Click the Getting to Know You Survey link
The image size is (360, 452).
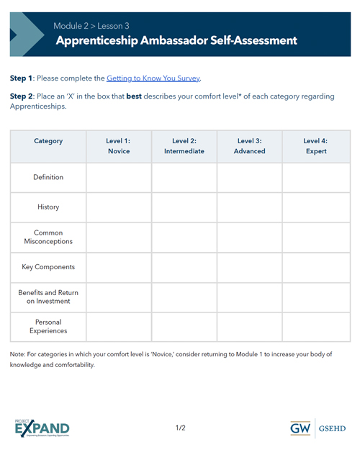(x=153, y=78)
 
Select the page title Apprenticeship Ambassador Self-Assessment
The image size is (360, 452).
(x=176, y=40)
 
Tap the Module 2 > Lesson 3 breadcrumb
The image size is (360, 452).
(x=91, y=26)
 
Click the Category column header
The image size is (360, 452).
(x=48, y=141)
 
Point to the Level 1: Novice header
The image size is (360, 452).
(x=119, y=146)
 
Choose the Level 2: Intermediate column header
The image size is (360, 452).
(x=184, y=146)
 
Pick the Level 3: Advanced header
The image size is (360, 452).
(x=250, y=146)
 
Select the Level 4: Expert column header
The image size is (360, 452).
(x=315, y=146)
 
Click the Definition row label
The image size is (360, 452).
(x=48, y=177)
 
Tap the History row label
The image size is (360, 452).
(x=48, y=207)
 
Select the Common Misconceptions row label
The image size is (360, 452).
(x=48, y=238)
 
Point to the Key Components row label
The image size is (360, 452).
(x=48, y=267)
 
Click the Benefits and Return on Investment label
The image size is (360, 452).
(x=48, y=297)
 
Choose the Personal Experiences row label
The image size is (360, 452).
(x=48, y=327)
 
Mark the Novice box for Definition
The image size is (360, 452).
(x=119, y=178)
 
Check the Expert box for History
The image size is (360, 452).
(x=315, y=207)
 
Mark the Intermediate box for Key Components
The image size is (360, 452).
(x=184, y=267)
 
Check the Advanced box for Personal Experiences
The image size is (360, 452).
(x=250, y=327)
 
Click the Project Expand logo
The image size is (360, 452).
(x=42, y=428)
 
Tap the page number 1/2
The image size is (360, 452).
(x=180, y=428)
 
